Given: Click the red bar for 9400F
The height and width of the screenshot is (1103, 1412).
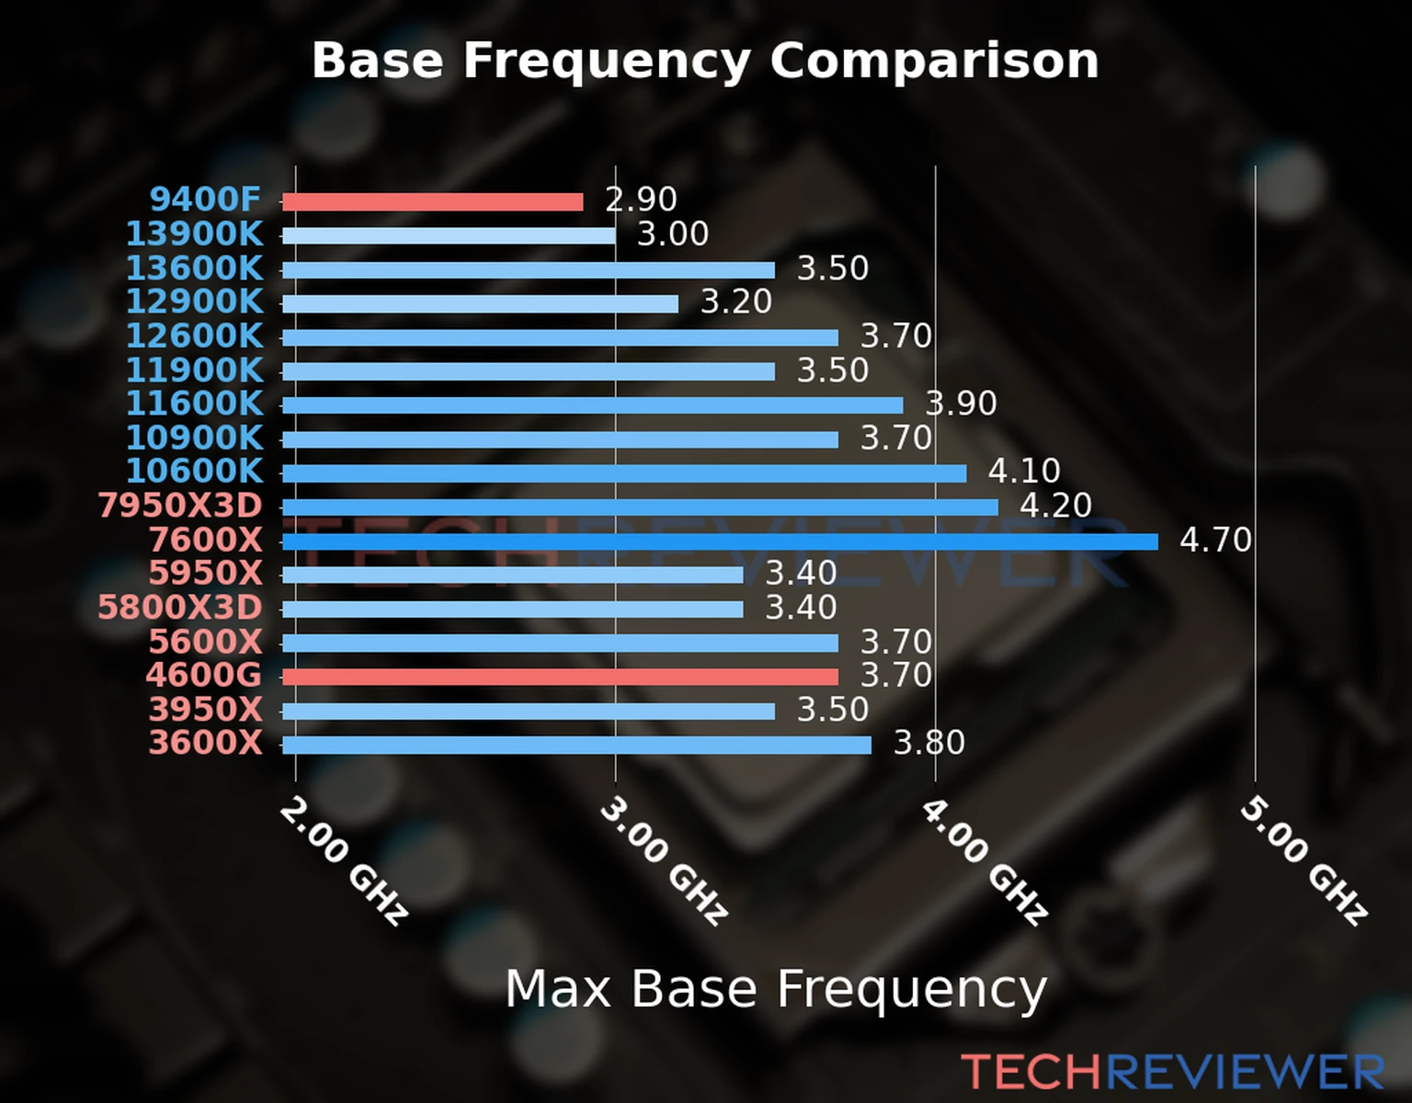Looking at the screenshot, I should tap(432, 202).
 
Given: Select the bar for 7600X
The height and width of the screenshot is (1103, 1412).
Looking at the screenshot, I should tap(720, 541).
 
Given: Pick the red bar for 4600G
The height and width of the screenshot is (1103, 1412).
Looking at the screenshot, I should tap(560, 677).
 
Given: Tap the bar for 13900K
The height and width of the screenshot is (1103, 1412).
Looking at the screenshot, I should tap(449, 235).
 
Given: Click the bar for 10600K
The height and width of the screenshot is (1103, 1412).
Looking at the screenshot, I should tap(624, 473).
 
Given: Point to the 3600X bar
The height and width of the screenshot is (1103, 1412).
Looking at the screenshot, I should tap(576, 745).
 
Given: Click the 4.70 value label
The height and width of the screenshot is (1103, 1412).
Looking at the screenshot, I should tap(1215, 540).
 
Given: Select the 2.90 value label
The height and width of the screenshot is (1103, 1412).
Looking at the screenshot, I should tap(641, 199).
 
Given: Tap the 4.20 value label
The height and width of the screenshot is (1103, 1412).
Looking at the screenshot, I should tap(1055, 506).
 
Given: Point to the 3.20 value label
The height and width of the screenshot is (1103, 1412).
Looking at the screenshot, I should tap(735, 301).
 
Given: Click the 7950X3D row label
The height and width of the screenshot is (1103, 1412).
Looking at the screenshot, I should tap(180, 506).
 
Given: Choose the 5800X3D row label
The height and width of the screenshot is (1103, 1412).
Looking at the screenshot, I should tap(180, 608).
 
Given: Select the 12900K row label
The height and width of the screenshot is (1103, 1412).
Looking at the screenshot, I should tap(194, 301).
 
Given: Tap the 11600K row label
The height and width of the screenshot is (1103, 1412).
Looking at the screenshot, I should tap(194, 404).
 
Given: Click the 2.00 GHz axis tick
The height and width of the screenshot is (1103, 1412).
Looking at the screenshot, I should tap(343, 860).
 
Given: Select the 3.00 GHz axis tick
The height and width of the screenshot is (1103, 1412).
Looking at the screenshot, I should tap(664, 860).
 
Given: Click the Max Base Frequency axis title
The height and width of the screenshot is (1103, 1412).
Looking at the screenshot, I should tap(776, 989).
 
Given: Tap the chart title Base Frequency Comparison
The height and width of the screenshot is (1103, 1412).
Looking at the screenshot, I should tap(705, 61).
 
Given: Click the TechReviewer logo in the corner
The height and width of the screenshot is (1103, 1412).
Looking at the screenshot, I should tap(1172, 1072).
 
